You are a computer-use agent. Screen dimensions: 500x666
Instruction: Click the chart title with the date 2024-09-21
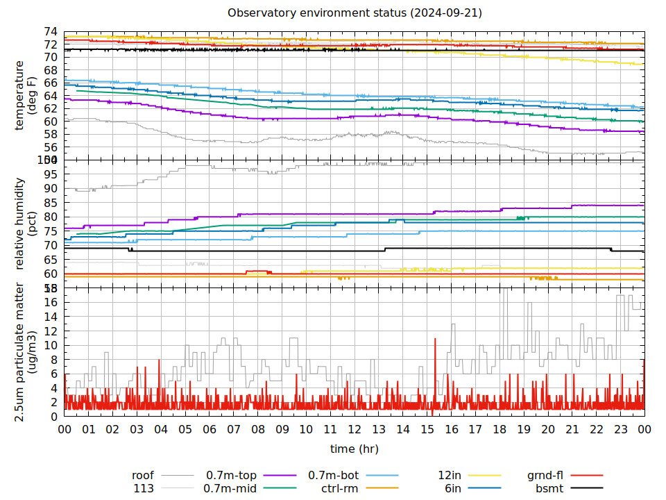(x=355, y=13)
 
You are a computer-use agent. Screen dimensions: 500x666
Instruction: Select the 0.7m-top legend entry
(x=231, y=476)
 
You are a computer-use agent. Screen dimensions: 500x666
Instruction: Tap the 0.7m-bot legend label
(x=333, y=476)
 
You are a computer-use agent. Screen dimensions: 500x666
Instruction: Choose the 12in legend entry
(x=450, y=476)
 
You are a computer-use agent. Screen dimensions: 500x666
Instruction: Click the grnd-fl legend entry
(x=545, y=476)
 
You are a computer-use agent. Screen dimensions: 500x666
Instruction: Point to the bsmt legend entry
(x=549, y=488)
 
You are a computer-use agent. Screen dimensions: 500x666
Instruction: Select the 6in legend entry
(x=453, y=488)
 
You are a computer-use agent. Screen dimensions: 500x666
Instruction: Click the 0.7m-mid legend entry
(x=230, y=488)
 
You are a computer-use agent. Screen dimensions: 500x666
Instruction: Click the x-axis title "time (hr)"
(x=354, y=449)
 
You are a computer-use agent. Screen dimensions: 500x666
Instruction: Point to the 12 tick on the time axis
(x=355, y=430)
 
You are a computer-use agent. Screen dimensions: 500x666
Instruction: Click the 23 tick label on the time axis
(x=620, y=430)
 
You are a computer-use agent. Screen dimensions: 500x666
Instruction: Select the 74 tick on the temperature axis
(x=50, y=32)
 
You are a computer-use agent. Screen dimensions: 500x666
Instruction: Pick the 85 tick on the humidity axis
(x=50, y=203)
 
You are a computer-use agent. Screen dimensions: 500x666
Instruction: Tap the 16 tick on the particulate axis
(x=50, y=302)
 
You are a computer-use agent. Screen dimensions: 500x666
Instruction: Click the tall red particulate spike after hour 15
(x=435, y=340)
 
